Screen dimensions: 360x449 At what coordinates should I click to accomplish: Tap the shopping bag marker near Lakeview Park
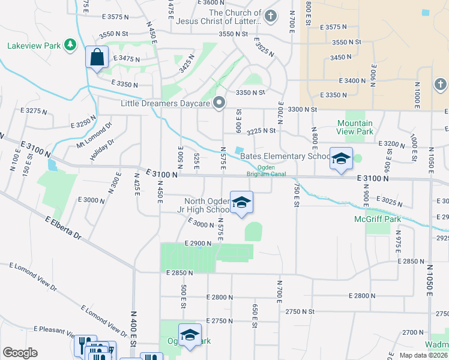(97, 58)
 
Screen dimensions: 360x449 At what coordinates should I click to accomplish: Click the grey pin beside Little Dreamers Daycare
(219, 103)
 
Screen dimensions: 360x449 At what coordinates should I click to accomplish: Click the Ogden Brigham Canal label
(265, 171)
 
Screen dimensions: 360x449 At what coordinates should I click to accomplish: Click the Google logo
(20, 353)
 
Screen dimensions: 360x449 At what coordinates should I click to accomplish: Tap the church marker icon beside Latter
(270, 16)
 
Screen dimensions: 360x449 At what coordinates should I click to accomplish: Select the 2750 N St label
(300, 311)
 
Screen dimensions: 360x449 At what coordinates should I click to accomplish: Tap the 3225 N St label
(261, 130)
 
